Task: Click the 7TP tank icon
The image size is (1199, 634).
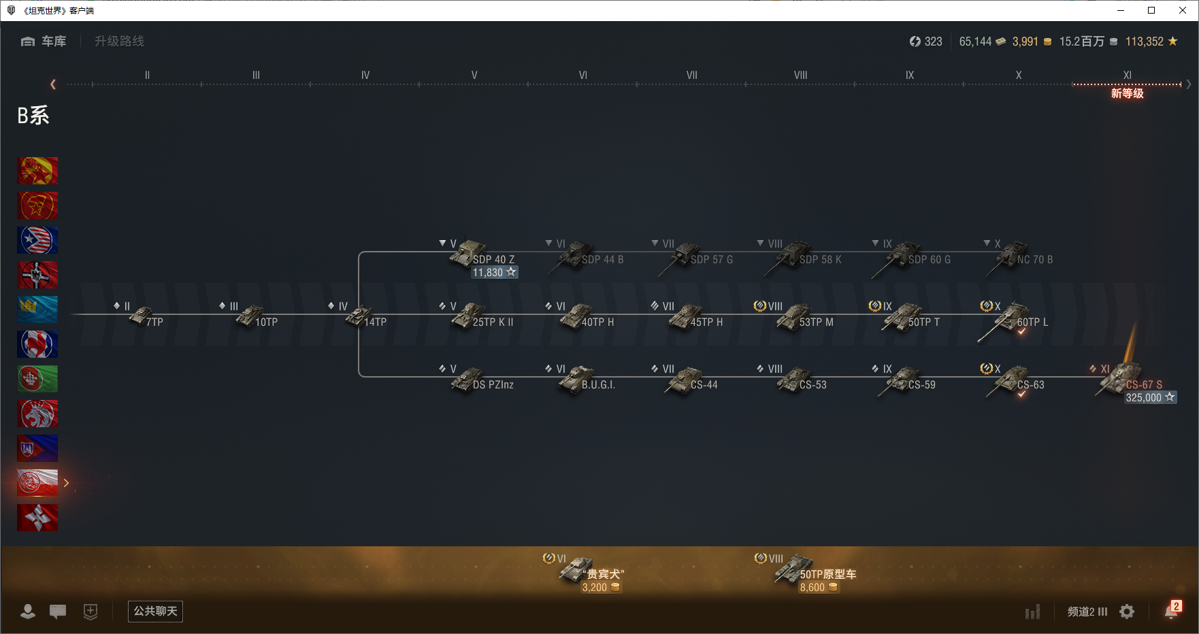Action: coord(142,316)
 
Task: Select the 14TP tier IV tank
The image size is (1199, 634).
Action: coord(359,316)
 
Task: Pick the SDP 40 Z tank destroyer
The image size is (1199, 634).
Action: coord(467,253)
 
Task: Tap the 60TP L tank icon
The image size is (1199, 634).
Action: coord(1012,317)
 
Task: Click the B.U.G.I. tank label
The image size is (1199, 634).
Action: coord(598,385)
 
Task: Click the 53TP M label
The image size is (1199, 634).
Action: coord(816,322)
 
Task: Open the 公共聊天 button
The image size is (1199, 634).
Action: coord(155,611)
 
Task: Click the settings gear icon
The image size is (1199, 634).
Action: coord(1127,612)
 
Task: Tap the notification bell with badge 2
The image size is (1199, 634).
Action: coord(1171,611)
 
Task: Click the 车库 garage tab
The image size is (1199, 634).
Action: coord(44,41)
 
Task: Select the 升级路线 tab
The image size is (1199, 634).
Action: coord(119,41)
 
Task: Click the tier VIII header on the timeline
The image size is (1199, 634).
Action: coord(800,76)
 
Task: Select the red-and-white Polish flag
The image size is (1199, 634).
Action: coord(37,483)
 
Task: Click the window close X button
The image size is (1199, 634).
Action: coord(1183,10)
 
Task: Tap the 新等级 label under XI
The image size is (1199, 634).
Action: coord(1127,94)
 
